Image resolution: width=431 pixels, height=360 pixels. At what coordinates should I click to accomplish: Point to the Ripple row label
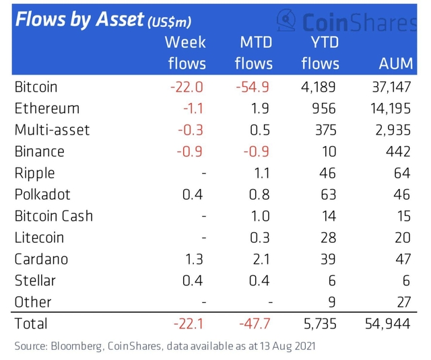[35, 173]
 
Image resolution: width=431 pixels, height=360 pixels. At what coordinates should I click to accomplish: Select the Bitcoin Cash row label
[54, 216]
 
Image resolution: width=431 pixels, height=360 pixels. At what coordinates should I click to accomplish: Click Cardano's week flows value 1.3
[193, 259]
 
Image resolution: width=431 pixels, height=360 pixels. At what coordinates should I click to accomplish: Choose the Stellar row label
[35, 281]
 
